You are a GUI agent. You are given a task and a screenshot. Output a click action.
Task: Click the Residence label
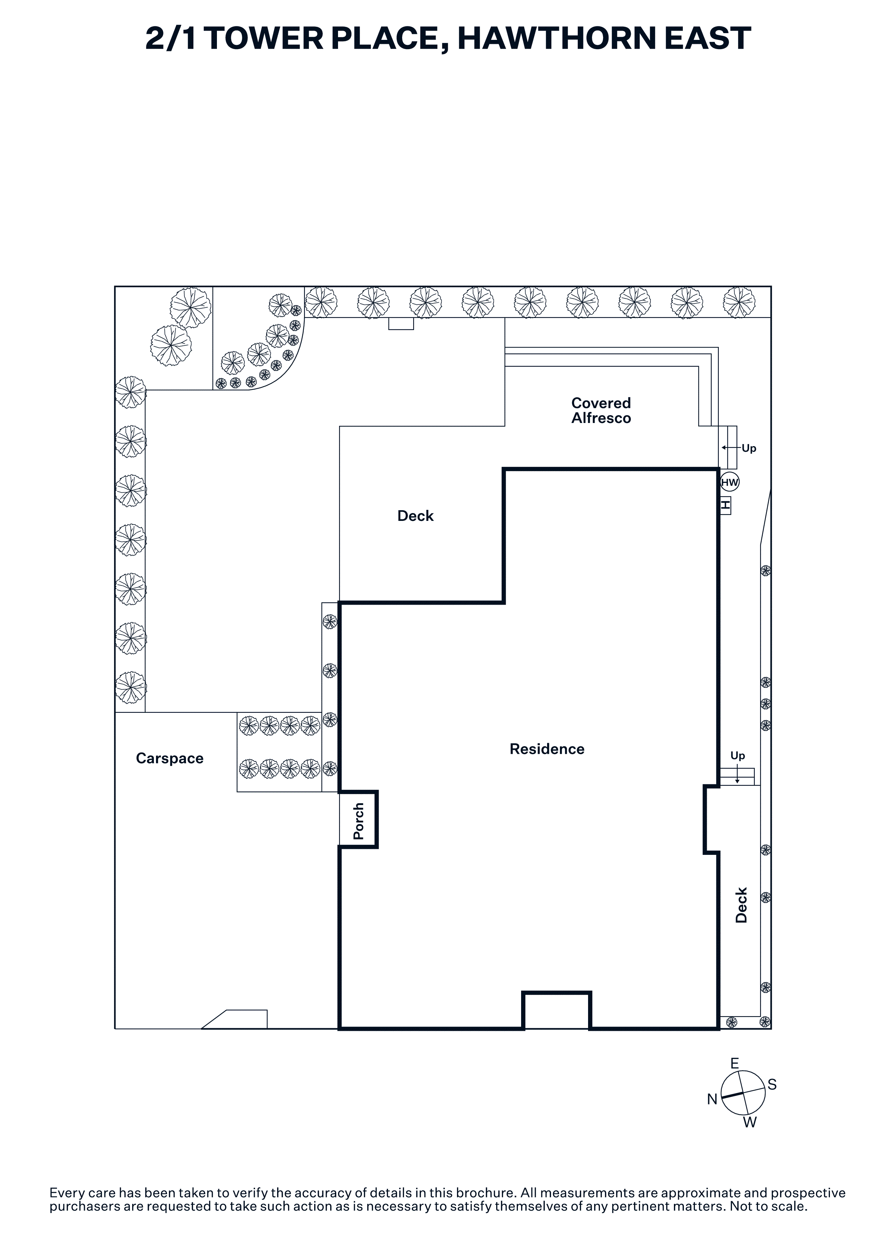[547, 749]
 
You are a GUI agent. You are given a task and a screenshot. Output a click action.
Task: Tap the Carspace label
[170, 759]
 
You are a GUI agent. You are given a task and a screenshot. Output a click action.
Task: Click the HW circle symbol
[729, 482]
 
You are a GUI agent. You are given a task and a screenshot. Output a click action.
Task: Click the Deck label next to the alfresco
[416, 516]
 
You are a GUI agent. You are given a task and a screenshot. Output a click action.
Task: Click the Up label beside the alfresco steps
[749, 449]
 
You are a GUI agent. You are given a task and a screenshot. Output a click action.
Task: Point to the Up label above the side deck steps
[738, 756]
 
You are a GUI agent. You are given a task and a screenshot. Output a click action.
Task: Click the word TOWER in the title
[265, 38]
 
